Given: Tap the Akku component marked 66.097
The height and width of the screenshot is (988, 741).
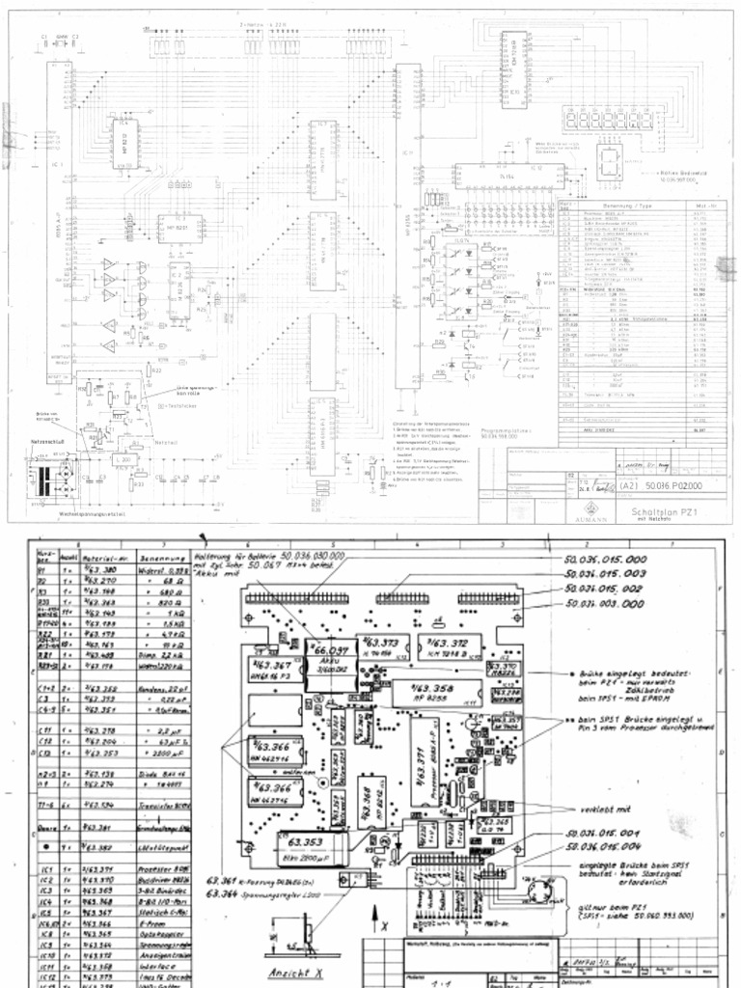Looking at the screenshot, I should [329, 656].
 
